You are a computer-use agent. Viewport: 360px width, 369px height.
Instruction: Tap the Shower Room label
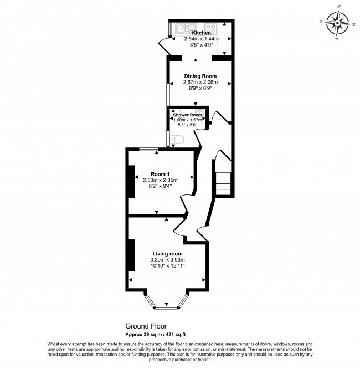tap(187, 115)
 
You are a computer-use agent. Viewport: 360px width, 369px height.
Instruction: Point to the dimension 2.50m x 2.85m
tap(160, 180)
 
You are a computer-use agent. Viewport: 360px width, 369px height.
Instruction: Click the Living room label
tap(167, 253)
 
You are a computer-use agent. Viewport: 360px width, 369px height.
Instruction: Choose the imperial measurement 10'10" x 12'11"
tap(167, 266)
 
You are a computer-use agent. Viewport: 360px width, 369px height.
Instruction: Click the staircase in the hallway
tap(223, 182)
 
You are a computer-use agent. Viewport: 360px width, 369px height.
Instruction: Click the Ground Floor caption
tap(146, 327)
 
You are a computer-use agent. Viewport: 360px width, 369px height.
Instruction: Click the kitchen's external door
tap(163, 47)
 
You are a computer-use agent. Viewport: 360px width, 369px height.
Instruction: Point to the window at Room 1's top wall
tap(148, 148)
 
